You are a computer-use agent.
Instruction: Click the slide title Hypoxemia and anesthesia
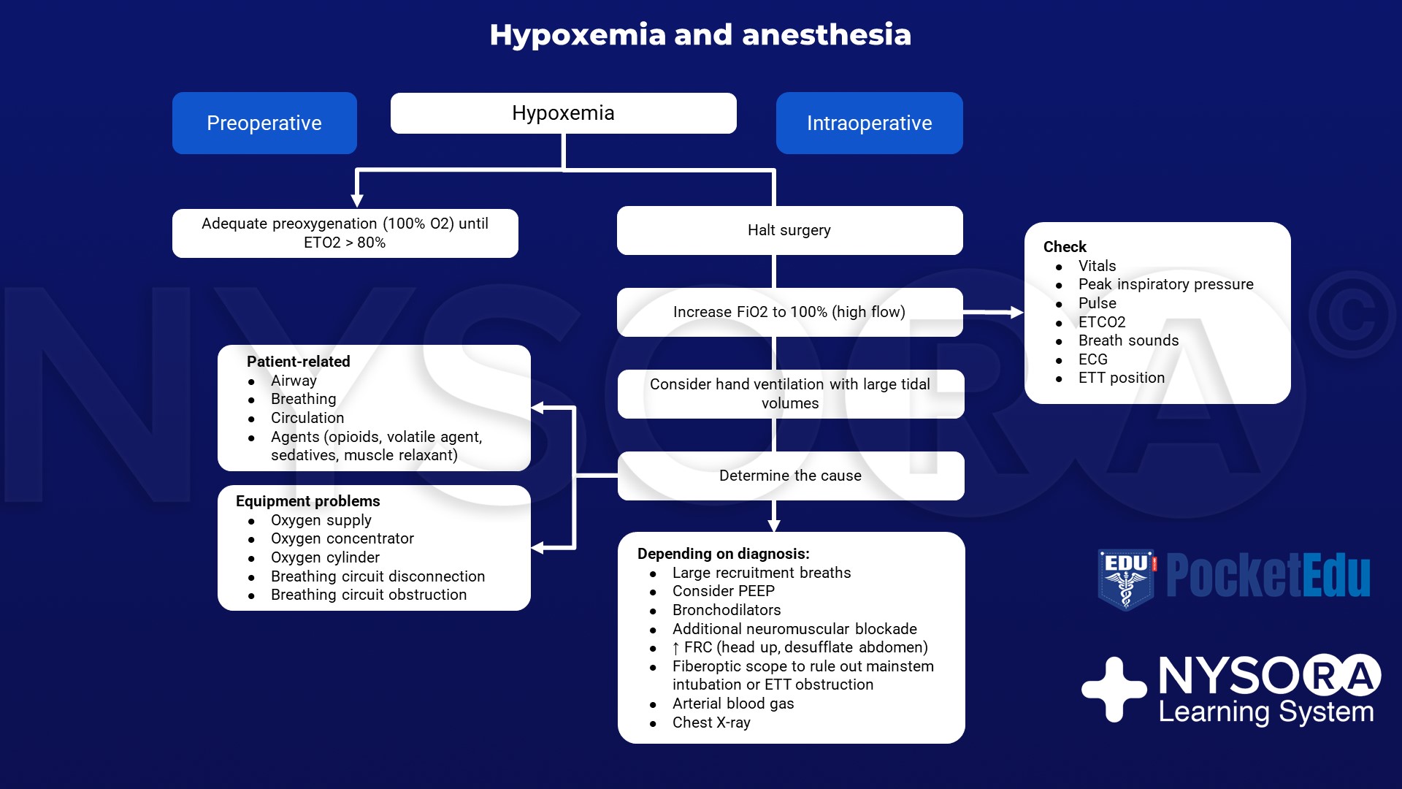pyautogui.click(x=700, y=35)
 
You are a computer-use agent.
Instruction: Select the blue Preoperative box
pyautogui.click(x=264, y=123)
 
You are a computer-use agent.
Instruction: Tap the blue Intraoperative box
pyautogui.click(x=869, y=123)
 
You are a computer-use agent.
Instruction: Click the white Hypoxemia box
pyautogui.click(x=563, y=113)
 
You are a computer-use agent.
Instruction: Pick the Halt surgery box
pyautogui.click(x=789, y=230)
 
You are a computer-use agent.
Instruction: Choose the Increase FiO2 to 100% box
pyautogui.click(x=789, y=312)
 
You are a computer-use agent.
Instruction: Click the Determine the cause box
pyautogui.click(x=790, y=476)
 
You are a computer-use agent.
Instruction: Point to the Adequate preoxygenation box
pyautogui.click(x=345, y=233)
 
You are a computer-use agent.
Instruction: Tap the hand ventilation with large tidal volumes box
pyautogui.click(x=790, y=394)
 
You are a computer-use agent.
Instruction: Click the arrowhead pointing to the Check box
pyautogui.click(x=1016, y=312)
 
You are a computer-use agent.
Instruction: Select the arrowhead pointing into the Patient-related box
pyautogui.click(x=538, y=408)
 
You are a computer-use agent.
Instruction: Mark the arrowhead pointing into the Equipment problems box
pyautogui.click(x=538, y=547)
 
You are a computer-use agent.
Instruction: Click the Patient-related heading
pyautogui.click(x=299, y=362)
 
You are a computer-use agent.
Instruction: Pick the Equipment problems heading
pyautogui.click(x=308, y=501)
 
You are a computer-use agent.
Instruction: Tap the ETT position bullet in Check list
pyautogui.click(x=1121, y=378)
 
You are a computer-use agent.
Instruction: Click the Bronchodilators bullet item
pyautogui.click(x=727, y=610)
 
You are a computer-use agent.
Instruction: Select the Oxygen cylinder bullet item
pyautogui.click(x=325, y=557)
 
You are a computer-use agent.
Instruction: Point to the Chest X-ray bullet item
pyautogui.click(x=711, y=723)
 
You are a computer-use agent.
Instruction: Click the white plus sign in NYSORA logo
pyautogui.click(x=1114, y=689)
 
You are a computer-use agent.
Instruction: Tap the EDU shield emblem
pyautogui.click(x=1126, y=579)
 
